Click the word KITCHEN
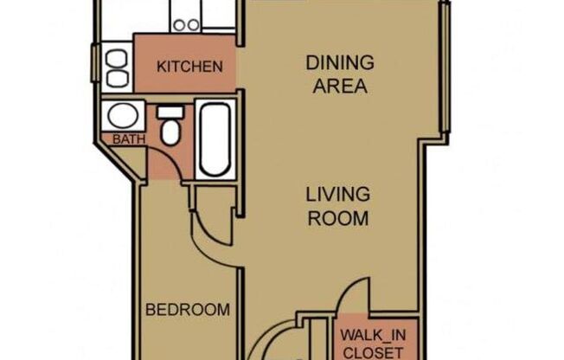(189, 67)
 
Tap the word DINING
(340, 63)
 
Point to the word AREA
(340, 87)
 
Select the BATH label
(122, 138)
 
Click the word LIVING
(337, 194)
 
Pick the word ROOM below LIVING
(337, 217)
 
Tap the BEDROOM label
(187, 310)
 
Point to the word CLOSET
(372, 351)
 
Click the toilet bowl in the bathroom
(170, 132)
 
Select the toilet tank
(170, 112)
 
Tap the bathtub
(214, 138)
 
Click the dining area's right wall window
(445, 69)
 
